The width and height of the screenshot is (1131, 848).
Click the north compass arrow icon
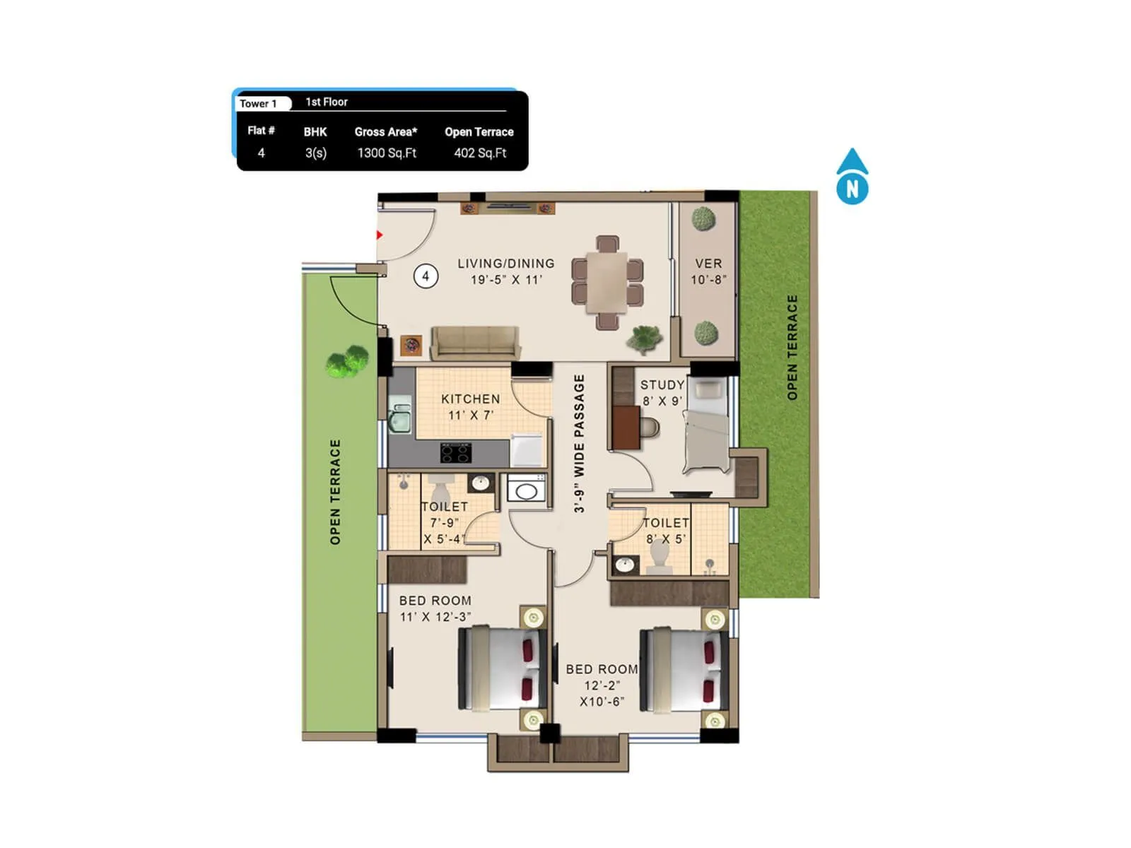click(x=852, y=177)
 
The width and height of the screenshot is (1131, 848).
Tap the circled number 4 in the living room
click(x=426, y=276)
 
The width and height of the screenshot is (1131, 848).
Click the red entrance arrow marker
click(x=380, y=235)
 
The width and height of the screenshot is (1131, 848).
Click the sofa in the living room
click(x=475, y=343)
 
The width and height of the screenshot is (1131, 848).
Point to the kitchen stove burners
click(x=456, y=452)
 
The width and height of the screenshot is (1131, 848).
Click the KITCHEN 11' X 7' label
click(x=470, y=407)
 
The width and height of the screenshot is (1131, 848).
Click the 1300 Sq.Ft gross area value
click(x=387, y=153)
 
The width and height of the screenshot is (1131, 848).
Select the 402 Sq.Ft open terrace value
click(x=480, y=153)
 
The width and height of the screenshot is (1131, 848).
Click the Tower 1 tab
click(x=259, y=104)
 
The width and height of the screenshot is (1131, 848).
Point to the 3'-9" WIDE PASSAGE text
click(x=580, y=443)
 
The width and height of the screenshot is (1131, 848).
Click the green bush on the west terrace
click(x=347, y=361)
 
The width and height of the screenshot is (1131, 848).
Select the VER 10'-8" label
click(x=708, y=271)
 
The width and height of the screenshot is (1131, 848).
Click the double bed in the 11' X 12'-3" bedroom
click(x=503, y=669)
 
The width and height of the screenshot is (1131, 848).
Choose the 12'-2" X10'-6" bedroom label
click(x=602, y=685)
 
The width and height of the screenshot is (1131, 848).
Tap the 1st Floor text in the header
click(x=327, y=102)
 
